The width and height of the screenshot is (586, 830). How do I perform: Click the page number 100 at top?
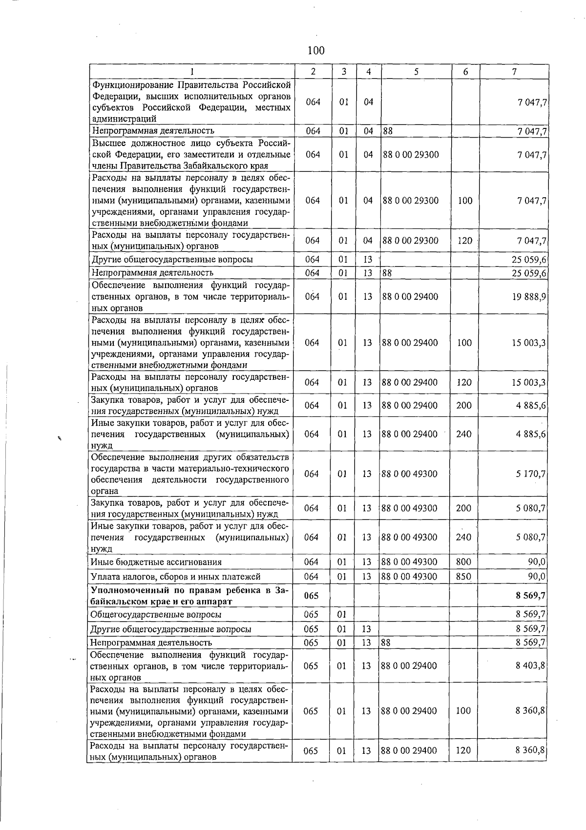[316, 50]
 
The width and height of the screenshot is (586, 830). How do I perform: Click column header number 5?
[416, 72]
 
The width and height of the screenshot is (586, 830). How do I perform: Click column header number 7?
[514, 72]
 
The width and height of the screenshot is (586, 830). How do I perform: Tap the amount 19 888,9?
[529, 297]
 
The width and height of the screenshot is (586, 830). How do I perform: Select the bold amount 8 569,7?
[530, 596]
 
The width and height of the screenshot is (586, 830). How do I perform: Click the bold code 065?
[311, 596]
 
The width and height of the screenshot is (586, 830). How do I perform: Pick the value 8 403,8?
[530, 666]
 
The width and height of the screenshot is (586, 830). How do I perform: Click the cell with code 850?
[463, 577]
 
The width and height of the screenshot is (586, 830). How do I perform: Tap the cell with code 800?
[463, 562]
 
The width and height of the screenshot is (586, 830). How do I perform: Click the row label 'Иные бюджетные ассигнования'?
[156, 562]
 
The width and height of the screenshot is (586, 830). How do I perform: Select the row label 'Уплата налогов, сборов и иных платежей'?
[176, 577]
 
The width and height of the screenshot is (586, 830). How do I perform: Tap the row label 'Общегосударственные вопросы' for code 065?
[156, 615]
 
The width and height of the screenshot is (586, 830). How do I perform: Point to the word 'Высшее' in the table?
[107, 143]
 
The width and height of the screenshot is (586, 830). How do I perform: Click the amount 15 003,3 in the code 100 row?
[529, 343]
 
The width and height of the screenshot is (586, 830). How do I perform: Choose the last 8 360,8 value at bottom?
[530, 750]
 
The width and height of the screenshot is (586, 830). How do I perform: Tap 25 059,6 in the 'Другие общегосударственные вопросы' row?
[529, 260]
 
